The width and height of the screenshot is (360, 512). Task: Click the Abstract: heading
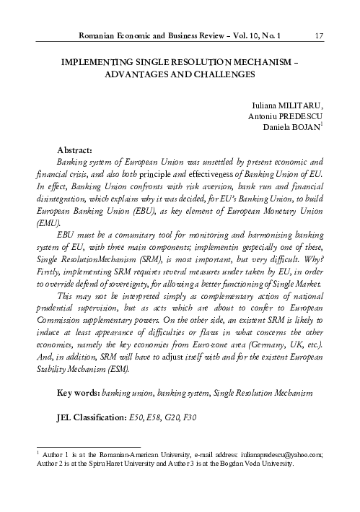76,148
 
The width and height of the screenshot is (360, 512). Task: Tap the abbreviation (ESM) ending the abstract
118,370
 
